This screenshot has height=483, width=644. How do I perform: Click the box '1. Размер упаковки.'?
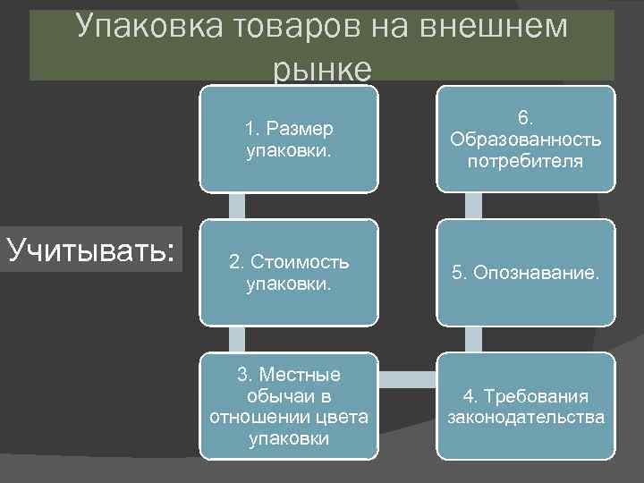(288, 139)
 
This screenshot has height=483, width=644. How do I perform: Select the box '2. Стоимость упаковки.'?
(288, 273)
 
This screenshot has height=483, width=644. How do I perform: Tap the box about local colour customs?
(288, 406)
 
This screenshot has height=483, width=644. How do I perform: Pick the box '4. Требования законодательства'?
(526, 406)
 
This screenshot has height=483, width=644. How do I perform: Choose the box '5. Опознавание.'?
(526, 273)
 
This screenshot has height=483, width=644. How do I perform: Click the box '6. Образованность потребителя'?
(526, 139)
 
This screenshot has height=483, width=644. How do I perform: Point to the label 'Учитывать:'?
(90, 249)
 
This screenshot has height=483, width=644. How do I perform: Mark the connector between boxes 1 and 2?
(236, 206)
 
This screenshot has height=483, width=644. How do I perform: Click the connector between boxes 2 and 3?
(236, 339)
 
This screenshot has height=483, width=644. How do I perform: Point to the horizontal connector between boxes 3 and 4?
(406, 378)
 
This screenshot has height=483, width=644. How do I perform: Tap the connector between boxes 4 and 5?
(474, 339)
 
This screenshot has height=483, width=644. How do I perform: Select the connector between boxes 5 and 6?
(474, 206)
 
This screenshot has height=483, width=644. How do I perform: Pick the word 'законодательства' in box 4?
(526, 417)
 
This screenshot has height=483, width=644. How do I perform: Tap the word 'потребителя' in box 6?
(526, 161)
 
